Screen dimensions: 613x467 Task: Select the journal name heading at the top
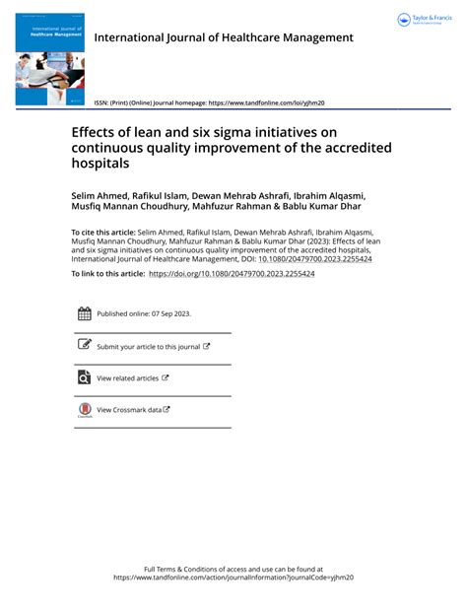coord(223,37)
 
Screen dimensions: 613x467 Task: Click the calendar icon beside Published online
coord(84,313)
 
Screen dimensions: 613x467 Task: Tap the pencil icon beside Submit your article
coord(84,346)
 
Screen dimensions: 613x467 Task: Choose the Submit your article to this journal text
coord(148,347)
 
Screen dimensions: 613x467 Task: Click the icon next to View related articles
coord(84,377)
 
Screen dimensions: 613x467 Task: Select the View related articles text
coord(127,378)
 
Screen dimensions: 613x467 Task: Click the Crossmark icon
coord(84,410)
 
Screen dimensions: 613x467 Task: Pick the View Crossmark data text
coord(129,410)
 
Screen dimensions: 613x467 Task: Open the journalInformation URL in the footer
coord(233,578)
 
